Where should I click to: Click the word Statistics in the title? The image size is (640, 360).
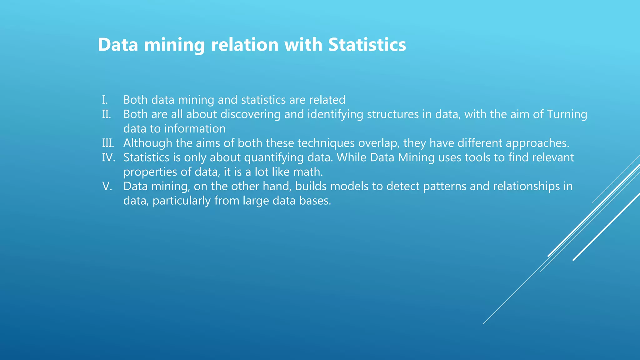tap(367, 44)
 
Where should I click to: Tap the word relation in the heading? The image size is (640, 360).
tap(245, 44)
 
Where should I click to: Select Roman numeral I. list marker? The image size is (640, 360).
tap(105, 100)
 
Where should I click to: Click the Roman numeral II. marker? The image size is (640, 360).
tap(107, 114)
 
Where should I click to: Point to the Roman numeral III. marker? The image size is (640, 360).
tap(108, 143)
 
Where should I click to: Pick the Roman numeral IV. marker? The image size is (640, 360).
tap(108, 157)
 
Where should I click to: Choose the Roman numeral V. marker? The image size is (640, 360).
tap(107, 186)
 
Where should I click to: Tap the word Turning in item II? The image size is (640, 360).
tap(567, 114)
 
